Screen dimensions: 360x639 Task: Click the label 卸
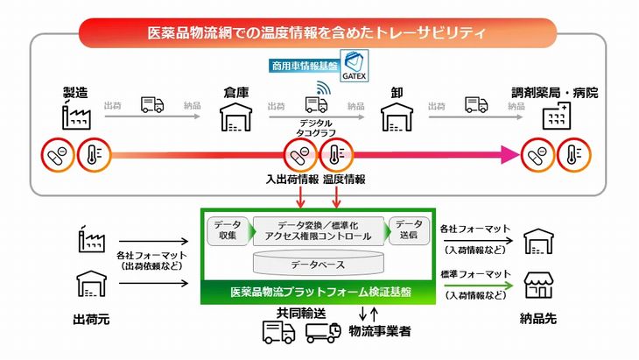pos(397,91)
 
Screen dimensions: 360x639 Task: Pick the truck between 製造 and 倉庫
pos(152,104)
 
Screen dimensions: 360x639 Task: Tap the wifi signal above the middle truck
pos(322,88)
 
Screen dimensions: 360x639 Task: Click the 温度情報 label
pos(344,179)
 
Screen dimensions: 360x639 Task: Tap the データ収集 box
pos(227,230)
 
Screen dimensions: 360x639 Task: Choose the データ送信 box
pos(408,230)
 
